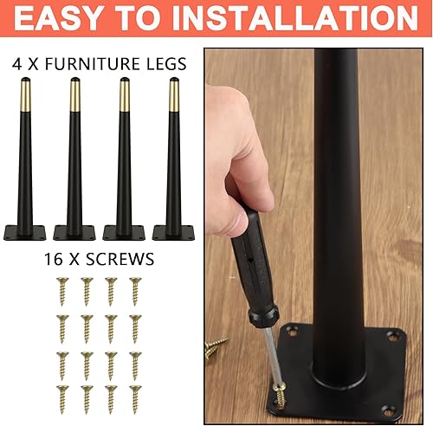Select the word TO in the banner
tap(161, 19)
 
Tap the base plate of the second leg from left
tap(74, 232)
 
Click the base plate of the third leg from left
tap(124, 232)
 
